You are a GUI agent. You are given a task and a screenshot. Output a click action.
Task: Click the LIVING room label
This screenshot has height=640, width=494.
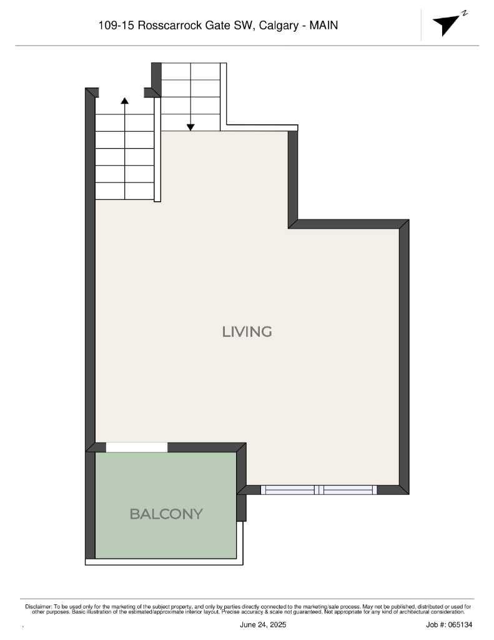click(x=247, y=331)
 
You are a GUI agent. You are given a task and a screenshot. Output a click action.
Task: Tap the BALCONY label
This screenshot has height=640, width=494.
click(x=166, y=514)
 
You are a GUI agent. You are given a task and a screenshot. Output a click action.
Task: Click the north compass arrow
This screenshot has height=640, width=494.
click(x=445, y=24)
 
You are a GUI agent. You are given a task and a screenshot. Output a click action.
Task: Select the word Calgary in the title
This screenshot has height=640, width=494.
click(x=279, y=26)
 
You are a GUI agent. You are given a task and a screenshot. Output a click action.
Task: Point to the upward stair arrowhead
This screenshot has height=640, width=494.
click(x=125, y=100)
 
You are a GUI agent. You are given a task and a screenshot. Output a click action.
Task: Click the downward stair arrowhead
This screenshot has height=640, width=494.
click(x=190, y=127)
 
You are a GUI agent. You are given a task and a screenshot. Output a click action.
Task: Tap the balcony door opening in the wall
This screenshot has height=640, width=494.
click(x=137, y=447)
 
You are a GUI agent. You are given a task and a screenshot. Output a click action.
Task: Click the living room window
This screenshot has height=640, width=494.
click(x=319, y=490)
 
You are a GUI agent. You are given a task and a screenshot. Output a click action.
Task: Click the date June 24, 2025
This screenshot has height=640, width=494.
click(x=263, y=624)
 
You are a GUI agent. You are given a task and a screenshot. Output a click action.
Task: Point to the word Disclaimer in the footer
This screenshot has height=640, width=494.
click(x=38, y=607)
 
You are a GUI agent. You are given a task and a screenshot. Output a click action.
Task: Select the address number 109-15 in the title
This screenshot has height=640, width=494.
click(x=117, y=26)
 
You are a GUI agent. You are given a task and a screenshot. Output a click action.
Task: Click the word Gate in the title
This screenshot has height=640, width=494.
click(x=222, y=26)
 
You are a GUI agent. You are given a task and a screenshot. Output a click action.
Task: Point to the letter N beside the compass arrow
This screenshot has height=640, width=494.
click(x=464, y=12)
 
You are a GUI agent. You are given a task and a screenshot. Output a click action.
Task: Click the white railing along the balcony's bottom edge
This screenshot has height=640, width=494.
click(x=164, y=562)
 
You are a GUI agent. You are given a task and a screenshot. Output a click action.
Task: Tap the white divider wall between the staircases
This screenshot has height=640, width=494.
click(x=157, y=150)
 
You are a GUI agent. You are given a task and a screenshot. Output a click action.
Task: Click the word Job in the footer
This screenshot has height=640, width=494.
click(x=433, y=624)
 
